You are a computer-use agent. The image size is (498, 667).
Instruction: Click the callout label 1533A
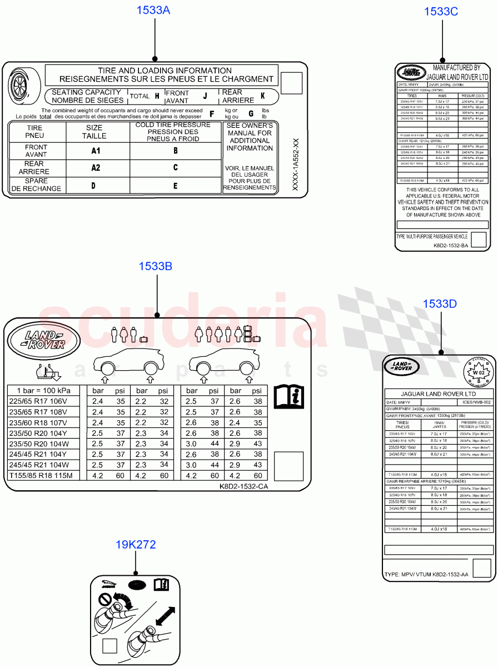tap(153, 10)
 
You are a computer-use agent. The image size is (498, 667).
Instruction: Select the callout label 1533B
tap(156, 267)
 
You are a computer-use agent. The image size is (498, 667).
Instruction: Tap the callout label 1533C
tap(441, 11)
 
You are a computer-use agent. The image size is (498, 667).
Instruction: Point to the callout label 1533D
tap(440, 303)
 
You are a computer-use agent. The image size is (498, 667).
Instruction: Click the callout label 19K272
tap(136, 545)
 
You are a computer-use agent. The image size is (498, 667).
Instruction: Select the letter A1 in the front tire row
tap(97, 151)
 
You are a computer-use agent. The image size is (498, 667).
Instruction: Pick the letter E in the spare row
tap(176, 186)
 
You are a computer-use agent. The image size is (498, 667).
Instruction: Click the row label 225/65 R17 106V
tap(38, 401)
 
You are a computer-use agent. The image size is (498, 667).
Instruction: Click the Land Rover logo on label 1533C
tap(411, 72)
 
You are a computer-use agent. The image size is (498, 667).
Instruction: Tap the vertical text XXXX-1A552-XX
tap(296, 166)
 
